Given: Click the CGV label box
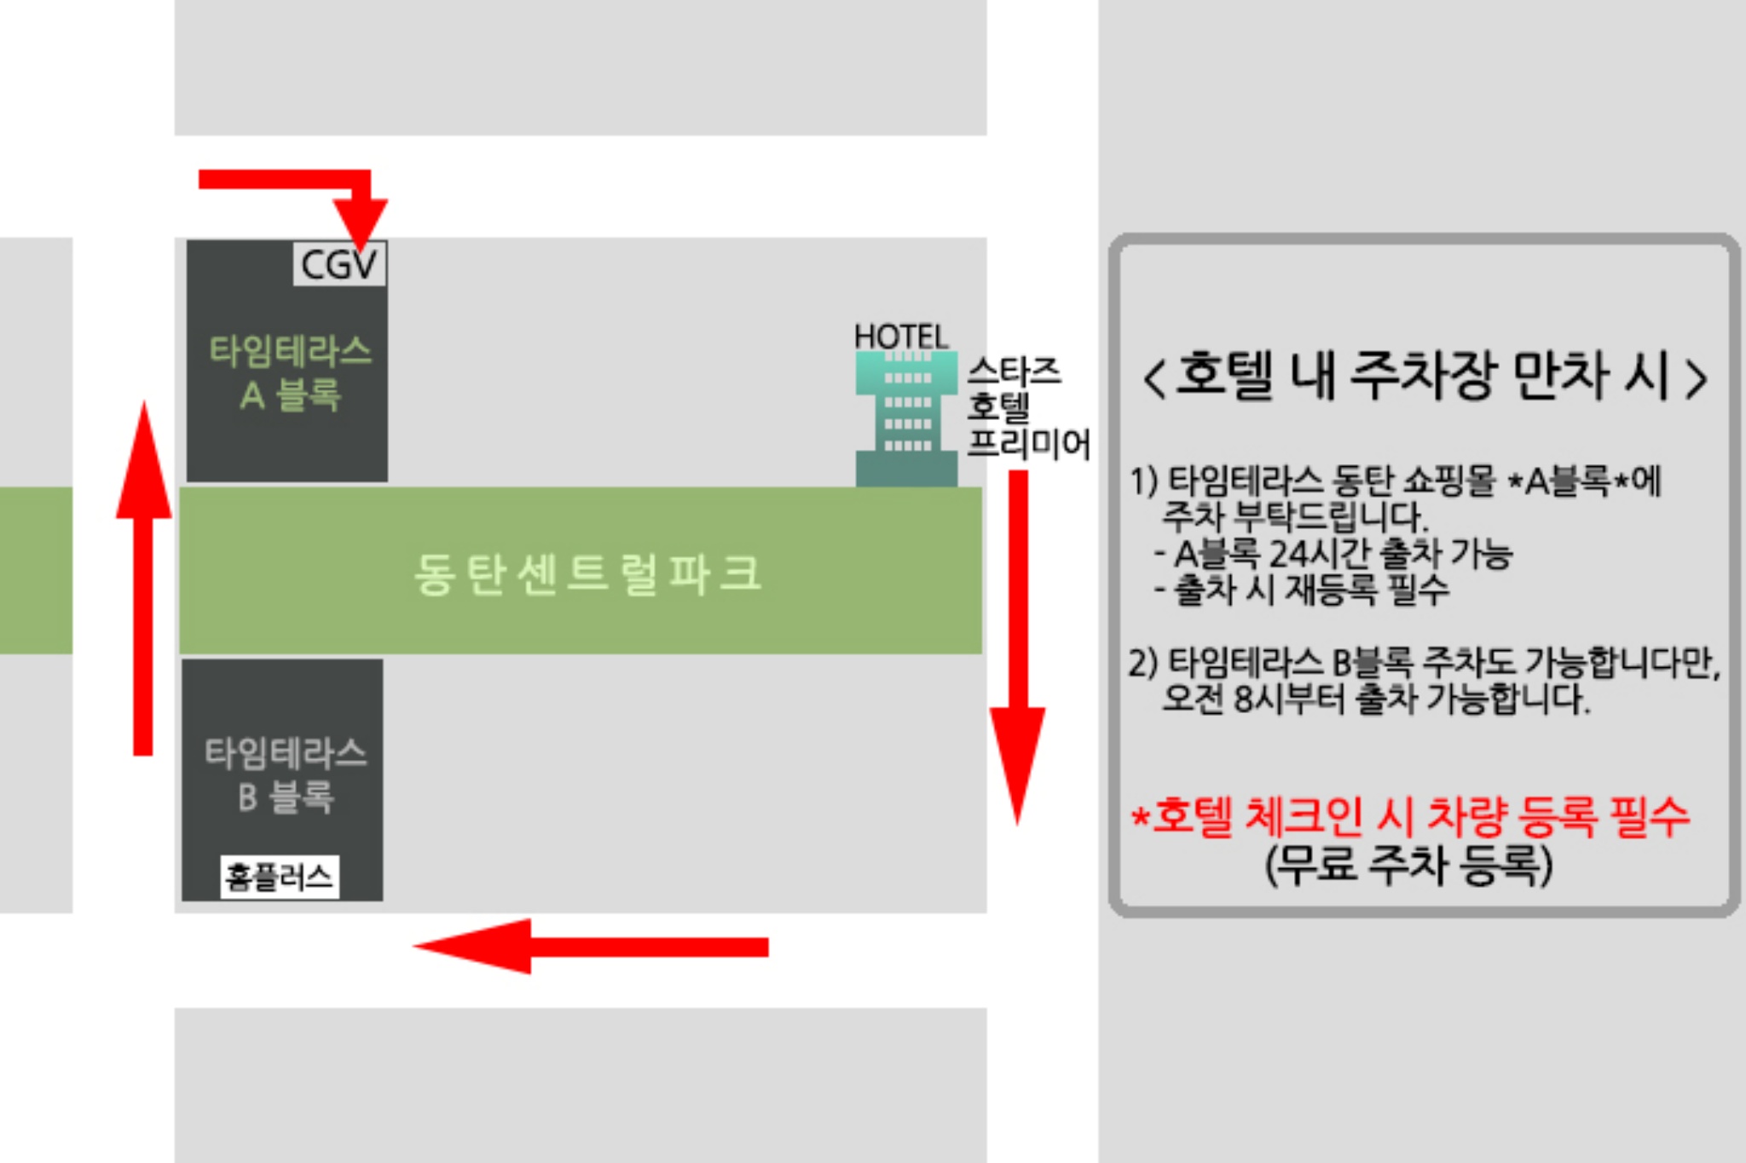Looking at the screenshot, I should click(x=338, y=264).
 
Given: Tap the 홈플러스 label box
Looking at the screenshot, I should click(x=279, y=877).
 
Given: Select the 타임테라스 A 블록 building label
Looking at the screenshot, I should click(x=290, y=372).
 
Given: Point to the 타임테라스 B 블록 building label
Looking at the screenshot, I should click(x=286, y=774).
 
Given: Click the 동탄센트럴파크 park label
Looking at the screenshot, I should click(x=587, y=573).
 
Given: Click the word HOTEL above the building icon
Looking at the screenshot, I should click(x=901, y=337).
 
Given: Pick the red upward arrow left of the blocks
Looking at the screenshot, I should click(x=143, y=579).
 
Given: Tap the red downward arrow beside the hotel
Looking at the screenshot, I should click(x=1017, y=648).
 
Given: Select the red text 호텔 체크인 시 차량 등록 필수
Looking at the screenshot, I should click(x=1411, y=816).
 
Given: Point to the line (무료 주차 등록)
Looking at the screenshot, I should click(x=1408, y=865).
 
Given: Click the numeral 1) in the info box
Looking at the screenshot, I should click(x=1143, y=481).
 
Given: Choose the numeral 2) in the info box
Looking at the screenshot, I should click(x=1143, y=662).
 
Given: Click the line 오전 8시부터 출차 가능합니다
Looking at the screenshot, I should click(x=1375, y=699).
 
